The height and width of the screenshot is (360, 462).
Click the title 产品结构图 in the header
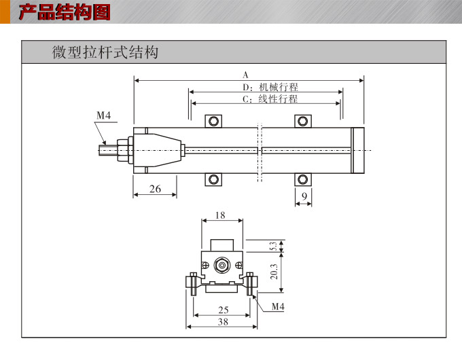coord(64,12)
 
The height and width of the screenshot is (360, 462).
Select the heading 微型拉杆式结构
coord(105,52)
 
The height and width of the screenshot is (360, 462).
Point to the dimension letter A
coord(246,74)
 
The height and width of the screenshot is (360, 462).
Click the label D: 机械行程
coord(270,87)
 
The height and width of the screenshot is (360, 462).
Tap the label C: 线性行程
coord(270,99)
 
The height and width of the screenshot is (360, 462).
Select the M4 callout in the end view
coord(278,307)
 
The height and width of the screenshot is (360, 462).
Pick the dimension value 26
coord(155,189)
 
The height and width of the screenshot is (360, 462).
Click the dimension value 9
coord(304,197)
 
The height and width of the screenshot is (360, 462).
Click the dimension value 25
coord(223,310)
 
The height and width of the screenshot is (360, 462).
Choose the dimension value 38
coord(223,322)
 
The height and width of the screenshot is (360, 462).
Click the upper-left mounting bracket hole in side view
coord(214,122)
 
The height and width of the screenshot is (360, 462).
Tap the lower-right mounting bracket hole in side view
coord(303,179)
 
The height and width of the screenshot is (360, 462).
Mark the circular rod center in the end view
coord(221,264)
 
